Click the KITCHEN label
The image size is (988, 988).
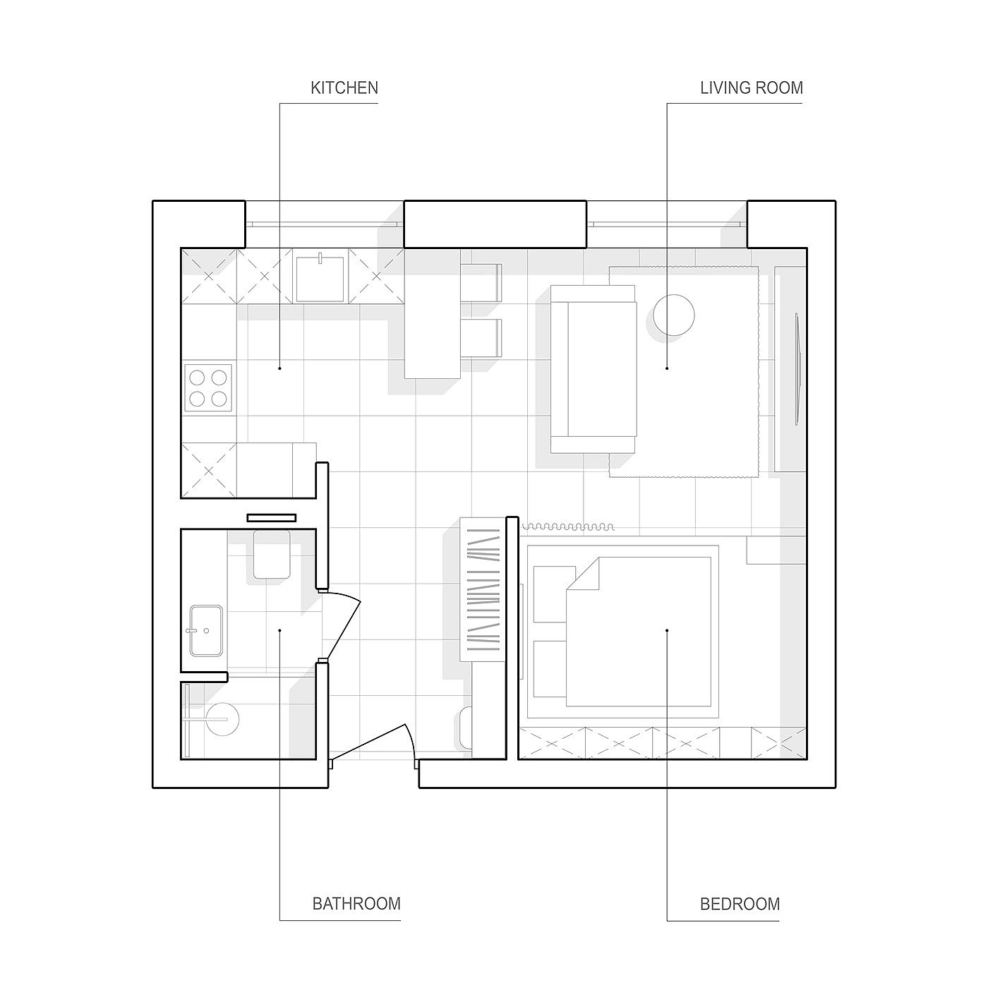point(344,88)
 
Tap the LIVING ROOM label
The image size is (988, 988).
point(751,88)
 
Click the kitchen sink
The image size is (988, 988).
point(320,277)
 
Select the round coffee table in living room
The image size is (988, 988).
point(674,315)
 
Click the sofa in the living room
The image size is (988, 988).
point(594,369)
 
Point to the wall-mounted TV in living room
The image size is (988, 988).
point(797,368)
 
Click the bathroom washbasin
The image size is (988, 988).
point(206,631)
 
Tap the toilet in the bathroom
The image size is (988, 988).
point(271,554)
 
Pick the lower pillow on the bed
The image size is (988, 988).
point(550,668)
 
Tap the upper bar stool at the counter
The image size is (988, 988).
point(481,283)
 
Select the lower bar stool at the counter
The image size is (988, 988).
point(481,338)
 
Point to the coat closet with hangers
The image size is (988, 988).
point(482,589)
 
